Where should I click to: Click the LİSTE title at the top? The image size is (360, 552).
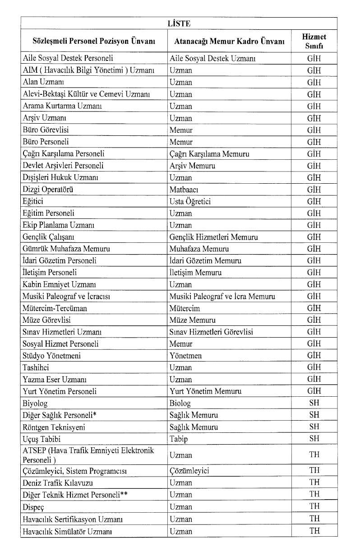(179, 23)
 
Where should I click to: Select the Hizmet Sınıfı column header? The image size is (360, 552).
(314, 41)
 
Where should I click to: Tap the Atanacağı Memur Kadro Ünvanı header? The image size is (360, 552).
(229, 41)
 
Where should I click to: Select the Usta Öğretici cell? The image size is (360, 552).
(190, 201)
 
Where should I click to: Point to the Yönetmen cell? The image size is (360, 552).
(185, 356)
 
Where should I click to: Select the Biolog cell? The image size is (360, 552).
(180, 403)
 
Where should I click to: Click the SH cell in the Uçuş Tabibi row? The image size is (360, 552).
(314, 439)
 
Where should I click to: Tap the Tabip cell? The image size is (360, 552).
(179, 439)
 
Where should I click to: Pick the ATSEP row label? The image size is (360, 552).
(88, 455)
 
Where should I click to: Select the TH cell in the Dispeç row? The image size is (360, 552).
(314, 506)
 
